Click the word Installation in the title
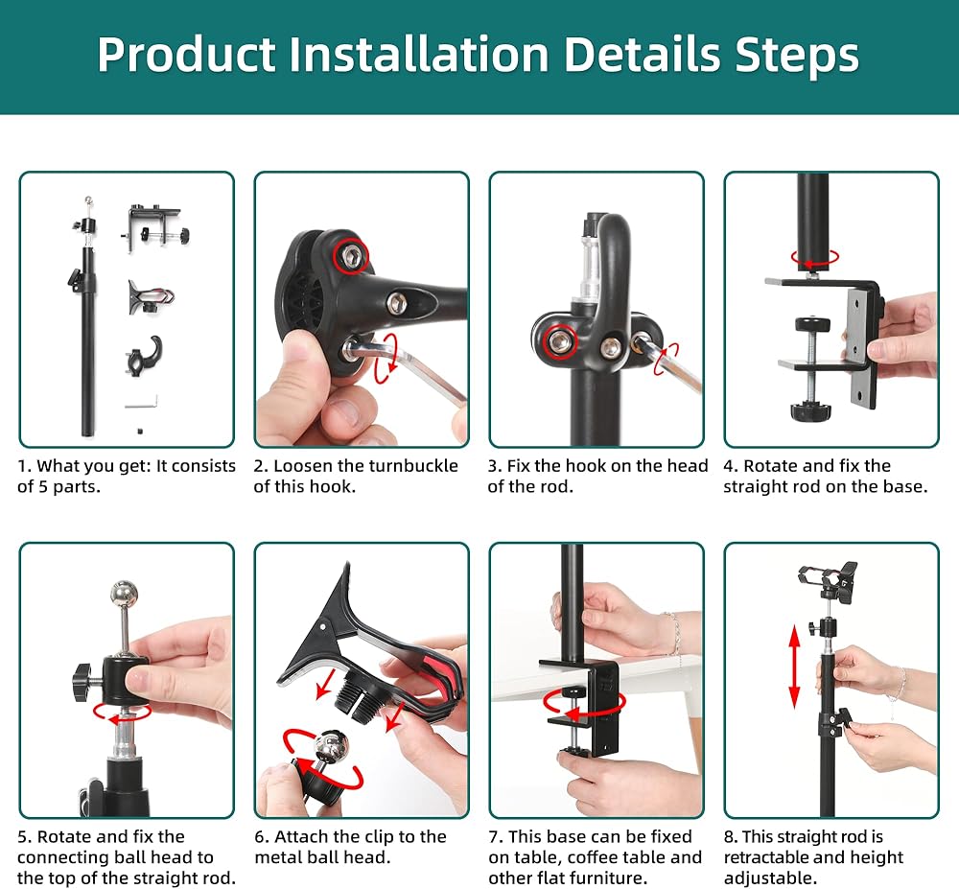click(x=418, y=55)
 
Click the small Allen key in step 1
click(x=142, y=403)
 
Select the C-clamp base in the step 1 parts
click(x=155, y=227)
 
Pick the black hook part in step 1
click(x=145, y=355)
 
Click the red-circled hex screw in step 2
click(x=350, y=255)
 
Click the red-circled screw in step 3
click(x=560, y=341)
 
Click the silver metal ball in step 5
click(x=124, y=593)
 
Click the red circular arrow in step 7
click(x=584, y=704)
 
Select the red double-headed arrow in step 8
click(x=794, y=667)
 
